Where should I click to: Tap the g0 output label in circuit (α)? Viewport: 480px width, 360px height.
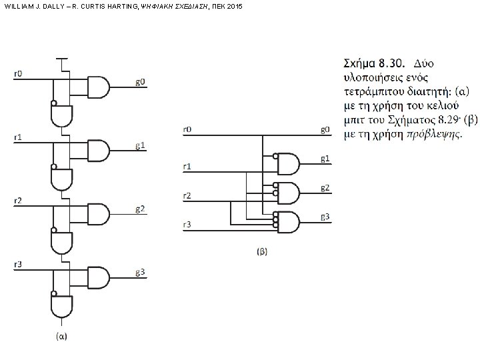(140, 82)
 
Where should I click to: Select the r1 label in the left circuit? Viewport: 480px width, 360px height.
(18, 137)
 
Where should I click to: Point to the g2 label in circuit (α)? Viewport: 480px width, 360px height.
(140, 209)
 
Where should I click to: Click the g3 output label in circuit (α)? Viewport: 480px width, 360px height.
(140, 273)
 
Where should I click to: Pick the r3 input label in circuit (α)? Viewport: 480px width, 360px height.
(18, 265)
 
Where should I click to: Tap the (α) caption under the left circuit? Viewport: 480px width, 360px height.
(61, 337)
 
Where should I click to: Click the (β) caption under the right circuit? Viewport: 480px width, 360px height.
(262, 251)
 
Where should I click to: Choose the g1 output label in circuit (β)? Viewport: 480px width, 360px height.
(325, 158)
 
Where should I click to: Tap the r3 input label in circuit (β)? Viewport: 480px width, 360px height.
(187, 225)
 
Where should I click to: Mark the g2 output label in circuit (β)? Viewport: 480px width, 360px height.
(325, 187)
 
